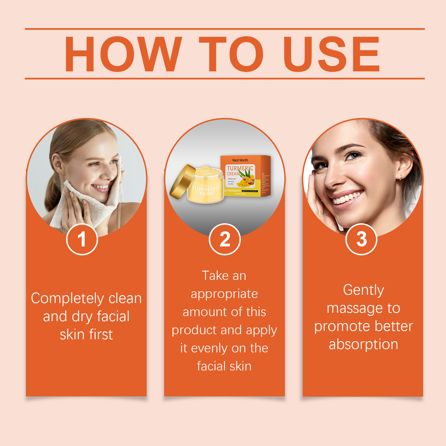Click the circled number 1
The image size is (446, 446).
[82, 239]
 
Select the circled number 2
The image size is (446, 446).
[225, 239]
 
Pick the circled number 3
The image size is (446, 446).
[361, 239]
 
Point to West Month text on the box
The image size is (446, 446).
[240, 160]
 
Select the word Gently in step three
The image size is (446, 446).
[363, 290]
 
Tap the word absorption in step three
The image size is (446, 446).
[363, 345]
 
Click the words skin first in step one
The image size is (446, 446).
[86, 335]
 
